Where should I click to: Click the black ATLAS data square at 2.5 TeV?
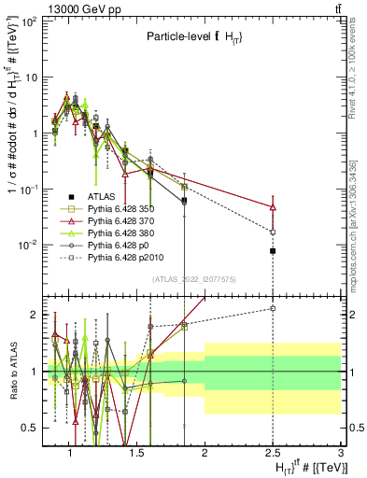point(273,251)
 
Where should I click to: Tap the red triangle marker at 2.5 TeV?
point(273,206)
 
